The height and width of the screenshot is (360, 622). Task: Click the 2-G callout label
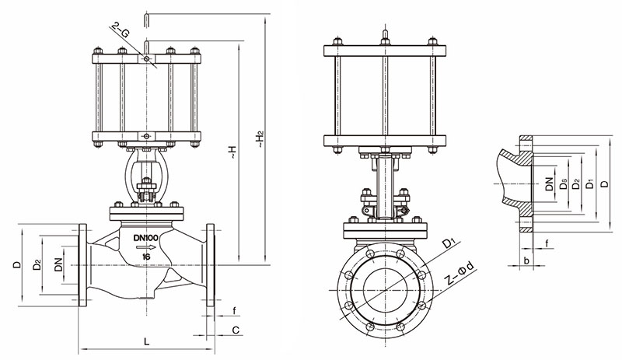[121, 32]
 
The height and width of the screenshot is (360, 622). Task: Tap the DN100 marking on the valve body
[145, 237]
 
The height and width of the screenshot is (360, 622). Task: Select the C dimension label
[235, 330]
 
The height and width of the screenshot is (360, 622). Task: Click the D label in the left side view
[17, 265]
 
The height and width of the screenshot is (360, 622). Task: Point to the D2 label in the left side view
[37, 265]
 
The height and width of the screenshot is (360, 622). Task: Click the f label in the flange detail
[547, 245]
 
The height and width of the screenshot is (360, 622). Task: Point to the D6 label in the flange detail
[562, 184]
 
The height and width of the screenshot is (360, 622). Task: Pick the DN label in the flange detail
[549, 184]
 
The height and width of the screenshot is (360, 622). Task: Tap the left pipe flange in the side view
[82, 265]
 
